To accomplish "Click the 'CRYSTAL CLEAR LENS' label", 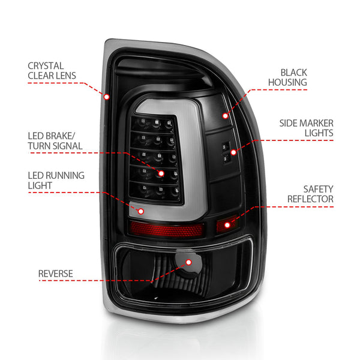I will (x=53, y=70).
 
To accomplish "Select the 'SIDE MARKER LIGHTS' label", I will (x=306, y=128).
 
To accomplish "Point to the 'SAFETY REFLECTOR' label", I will (x=310, y=194).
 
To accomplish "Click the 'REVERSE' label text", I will (x=55, y=274).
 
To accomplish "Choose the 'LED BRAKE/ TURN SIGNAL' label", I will (x=55, y=140).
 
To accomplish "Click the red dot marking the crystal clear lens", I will (x=107, y=96).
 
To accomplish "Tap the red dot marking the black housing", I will (x=225, y=116).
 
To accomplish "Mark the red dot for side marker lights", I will (x=233, y=152).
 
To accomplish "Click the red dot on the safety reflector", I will (x=227, y=225).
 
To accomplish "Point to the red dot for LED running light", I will (x=142, y=211).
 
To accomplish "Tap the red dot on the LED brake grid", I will (x=161, y=173).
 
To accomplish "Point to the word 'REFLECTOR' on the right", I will (x=310, y=199).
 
